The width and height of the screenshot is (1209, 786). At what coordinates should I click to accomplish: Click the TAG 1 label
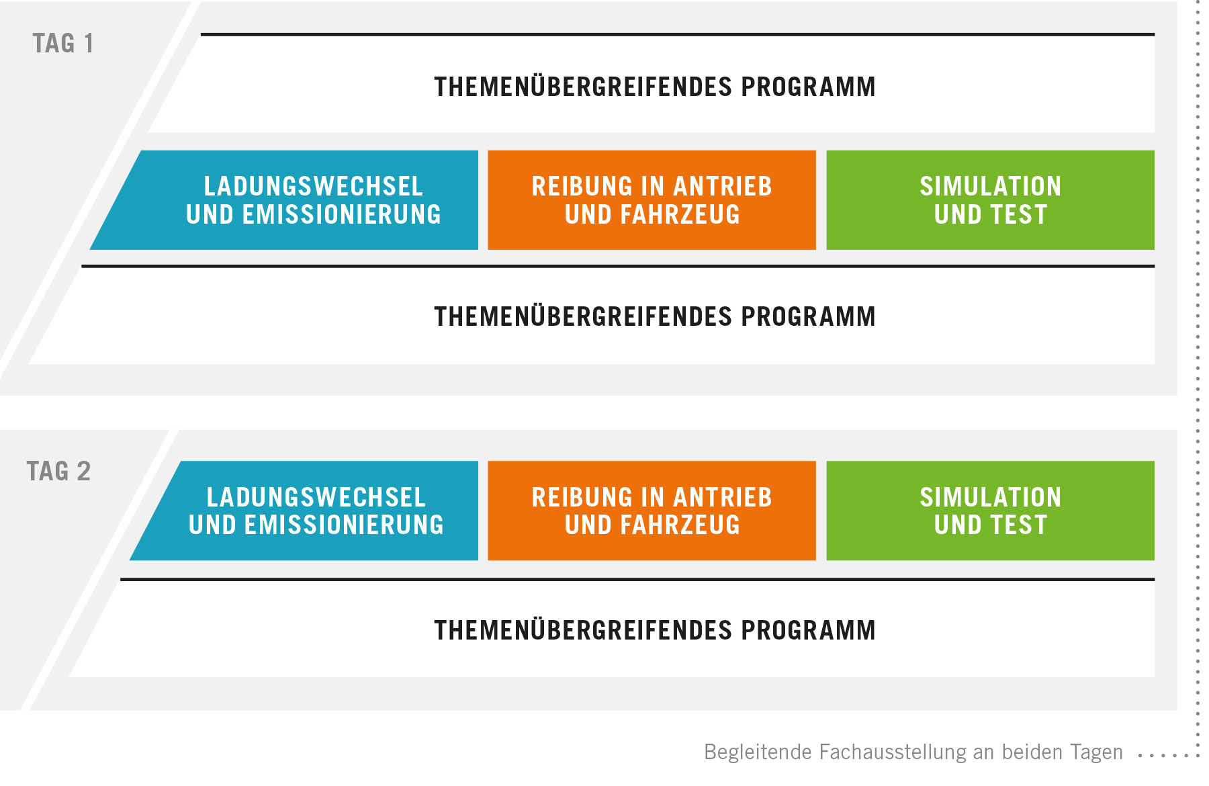[63, 44]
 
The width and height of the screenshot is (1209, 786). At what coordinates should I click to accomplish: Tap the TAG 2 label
[58, 471]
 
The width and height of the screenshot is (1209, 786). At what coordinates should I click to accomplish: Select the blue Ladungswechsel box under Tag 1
[284, 200]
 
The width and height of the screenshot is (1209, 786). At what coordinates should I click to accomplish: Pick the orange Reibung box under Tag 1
[652, 200]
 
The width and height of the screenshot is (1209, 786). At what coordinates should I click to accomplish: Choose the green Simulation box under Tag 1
[990, 200]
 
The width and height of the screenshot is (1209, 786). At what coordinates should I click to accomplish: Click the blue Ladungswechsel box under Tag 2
[304, 511]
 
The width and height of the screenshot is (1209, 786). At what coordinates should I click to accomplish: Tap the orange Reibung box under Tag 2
[652, 511]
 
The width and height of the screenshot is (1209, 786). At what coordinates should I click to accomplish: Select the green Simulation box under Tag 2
[990, 511]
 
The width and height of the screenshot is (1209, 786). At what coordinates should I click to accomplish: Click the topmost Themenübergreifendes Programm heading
[655, 86]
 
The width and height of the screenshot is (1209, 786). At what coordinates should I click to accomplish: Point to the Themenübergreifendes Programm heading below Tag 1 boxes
[655, 316]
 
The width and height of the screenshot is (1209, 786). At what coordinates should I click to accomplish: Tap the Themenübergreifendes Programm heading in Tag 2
[655, 629]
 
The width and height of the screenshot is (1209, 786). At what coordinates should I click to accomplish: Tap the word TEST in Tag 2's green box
[1019, 525]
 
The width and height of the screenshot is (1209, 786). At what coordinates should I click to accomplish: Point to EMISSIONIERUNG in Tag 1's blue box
[341, 214]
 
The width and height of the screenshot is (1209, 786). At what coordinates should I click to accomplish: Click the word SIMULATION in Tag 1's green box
[991, 186]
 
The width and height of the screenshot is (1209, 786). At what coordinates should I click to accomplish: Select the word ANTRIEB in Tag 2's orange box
[723, 497]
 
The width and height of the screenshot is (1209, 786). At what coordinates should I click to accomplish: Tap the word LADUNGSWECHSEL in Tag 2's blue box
[316, 497]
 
